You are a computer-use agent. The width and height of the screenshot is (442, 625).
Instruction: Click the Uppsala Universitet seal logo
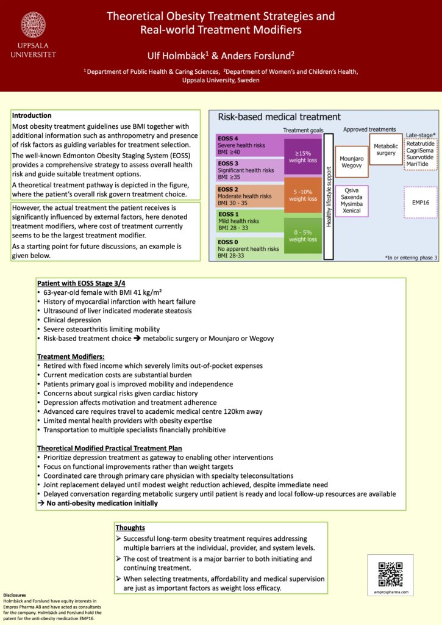pos(33,26)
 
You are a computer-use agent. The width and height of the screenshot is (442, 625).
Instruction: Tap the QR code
pos(390,574)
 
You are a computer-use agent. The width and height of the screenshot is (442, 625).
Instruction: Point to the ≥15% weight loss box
pos(303,156)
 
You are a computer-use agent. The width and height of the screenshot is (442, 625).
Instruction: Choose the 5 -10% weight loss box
pos(303,195)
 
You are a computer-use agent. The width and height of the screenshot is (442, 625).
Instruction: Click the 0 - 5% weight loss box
pos(303,235)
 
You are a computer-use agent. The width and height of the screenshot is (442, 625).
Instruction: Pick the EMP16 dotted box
pos(421,201)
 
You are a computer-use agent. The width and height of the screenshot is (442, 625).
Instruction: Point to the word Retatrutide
pos(421,143)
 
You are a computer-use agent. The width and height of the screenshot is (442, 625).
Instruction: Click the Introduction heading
pos(32,115)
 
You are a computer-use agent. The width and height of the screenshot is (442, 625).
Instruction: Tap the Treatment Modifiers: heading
pos(71,356)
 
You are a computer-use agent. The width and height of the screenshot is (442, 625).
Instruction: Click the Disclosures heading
pos(15,595)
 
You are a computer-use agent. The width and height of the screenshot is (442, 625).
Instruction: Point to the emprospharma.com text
pos(390,592)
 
